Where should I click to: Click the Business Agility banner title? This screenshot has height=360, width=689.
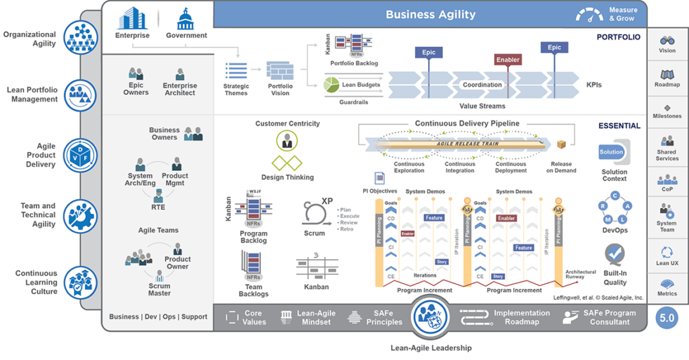click(431, 14)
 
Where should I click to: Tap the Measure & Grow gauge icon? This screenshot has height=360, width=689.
click(590, 14)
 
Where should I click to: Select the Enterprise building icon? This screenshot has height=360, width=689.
click(132, 18)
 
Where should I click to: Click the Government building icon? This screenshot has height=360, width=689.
click(186, 18)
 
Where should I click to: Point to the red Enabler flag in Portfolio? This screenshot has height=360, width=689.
click(508, 60)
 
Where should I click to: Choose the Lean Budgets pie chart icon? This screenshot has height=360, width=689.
click(331, 85)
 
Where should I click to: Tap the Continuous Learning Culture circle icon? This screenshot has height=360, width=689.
click(81, 281)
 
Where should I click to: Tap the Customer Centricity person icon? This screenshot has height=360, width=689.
click(287, 141)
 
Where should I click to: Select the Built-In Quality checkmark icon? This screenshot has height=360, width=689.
click(614, 254)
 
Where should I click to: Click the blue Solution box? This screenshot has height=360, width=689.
click(612, 152)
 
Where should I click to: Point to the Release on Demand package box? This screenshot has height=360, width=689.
click(562, 145)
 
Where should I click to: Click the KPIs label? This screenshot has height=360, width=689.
click(593, 85)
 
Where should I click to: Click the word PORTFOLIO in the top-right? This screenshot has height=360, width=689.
click(618, 37)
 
